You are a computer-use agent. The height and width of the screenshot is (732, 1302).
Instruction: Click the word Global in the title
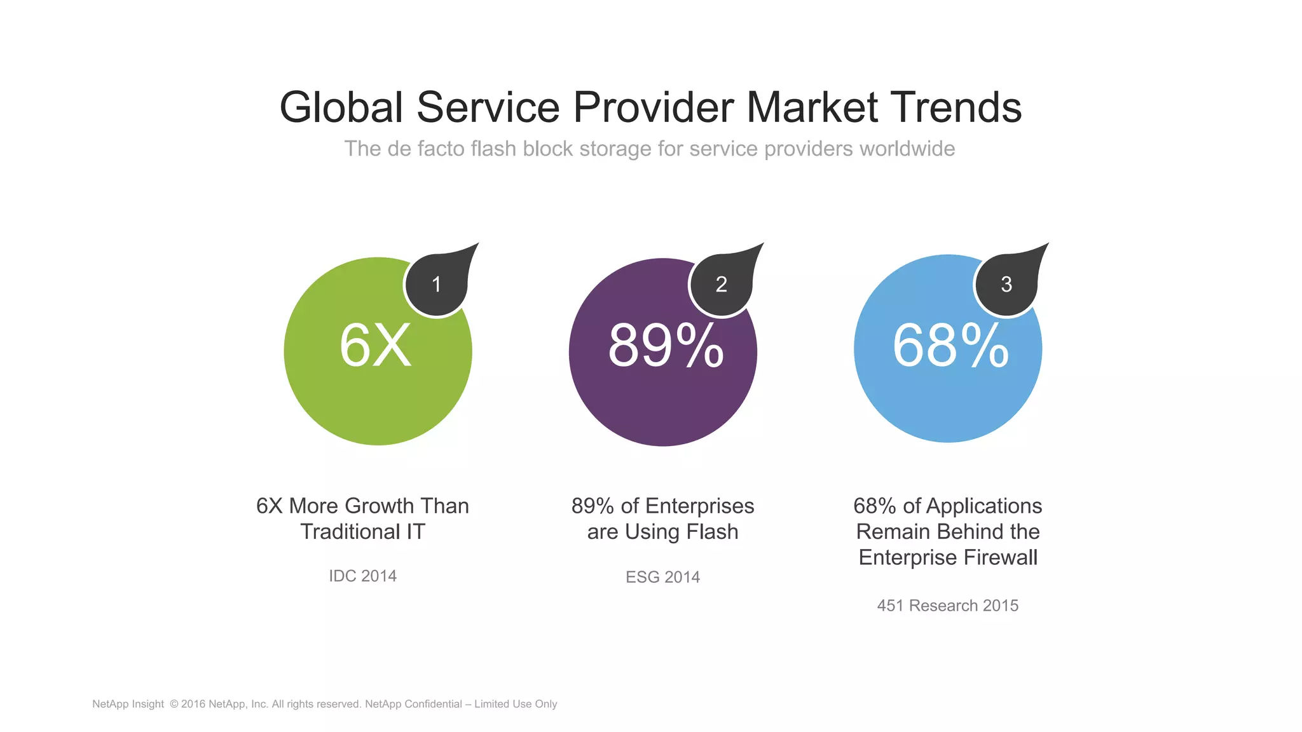341,107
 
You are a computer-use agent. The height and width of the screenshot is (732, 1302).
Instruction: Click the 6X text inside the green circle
375,346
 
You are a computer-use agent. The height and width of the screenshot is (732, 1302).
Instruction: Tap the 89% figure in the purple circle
665,346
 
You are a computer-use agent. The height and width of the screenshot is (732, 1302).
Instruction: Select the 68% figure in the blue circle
950,346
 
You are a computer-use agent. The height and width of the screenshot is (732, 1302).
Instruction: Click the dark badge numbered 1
437,284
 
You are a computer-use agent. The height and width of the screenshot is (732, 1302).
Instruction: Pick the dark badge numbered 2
721,284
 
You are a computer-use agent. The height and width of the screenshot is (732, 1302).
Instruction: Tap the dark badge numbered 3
1006,284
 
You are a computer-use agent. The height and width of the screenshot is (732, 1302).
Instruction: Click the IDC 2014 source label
362,576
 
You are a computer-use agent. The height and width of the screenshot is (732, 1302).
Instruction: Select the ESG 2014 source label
662,577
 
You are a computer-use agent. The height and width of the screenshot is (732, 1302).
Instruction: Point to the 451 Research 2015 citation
947,606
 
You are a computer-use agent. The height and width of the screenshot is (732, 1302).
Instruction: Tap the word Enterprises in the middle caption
699,506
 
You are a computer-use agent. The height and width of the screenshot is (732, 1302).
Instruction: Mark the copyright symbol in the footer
174,704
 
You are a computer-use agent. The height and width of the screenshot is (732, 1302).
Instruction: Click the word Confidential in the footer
433,704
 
